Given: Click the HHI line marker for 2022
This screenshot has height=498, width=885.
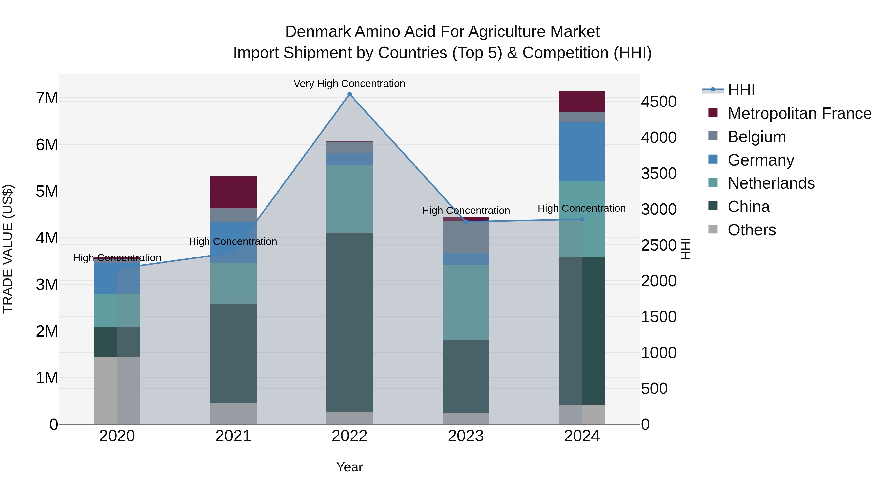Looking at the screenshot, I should [x=349, y=94].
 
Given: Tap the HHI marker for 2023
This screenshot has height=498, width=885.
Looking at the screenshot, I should [x=466, y=222].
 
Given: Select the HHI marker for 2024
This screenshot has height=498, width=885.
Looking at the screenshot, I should [x=582, y=219].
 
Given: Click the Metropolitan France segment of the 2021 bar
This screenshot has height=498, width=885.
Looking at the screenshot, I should [x=233, y=192].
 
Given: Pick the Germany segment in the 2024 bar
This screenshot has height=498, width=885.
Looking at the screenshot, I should [x=582, y=151].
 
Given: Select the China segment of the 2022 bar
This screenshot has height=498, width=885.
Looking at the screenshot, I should [x=349, y=322].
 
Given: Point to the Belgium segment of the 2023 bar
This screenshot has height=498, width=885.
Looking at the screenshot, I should [x=466, y=237].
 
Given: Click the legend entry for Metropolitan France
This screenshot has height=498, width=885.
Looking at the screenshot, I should [x=799, y=113].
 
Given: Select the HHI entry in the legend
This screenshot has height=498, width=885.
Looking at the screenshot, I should [x=741, y=90].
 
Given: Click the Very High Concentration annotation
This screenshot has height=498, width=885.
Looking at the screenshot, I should [x=349, y=84].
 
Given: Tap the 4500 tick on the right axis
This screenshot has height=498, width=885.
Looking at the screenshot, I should [x=659, y=102].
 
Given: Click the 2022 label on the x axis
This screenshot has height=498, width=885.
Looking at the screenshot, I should [x=349, y=436].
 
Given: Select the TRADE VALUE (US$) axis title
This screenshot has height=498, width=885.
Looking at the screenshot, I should [x=8, y=249].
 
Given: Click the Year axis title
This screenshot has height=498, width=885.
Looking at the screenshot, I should [x=349, y=467].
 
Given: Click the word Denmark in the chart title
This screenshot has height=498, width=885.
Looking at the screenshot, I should [x=318, y=32].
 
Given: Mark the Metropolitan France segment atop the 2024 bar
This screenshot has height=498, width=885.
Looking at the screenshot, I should [x=582, y=101].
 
